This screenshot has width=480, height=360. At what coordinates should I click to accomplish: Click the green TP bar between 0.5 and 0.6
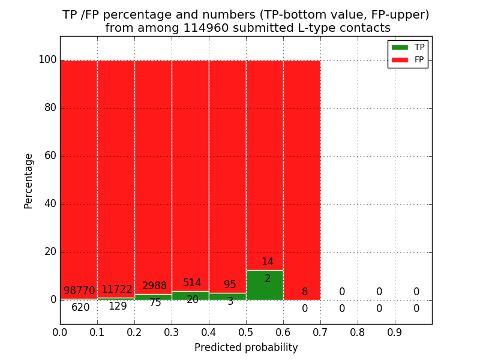coord(265,286)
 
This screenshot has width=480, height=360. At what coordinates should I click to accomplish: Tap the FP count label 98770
coord(80,291)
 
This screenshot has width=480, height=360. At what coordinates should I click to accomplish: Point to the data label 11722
coord(117,289)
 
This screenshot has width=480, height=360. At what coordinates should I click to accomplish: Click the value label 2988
coord(155,286)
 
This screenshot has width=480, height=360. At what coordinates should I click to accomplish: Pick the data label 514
coord(192,283)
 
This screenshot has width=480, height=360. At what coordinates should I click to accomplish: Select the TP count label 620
coord(80,308)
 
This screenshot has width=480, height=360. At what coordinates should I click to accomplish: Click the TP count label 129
coord(118,306)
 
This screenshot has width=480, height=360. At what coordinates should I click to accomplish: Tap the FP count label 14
coord(267,262)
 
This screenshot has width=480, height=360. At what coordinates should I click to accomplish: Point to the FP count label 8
coord(305,292)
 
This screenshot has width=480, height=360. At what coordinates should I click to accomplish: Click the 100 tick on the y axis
coord(47,60)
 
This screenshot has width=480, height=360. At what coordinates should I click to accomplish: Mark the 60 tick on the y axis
coord(50,156)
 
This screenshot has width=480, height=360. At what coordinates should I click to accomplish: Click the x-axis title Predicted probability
coord(246,347)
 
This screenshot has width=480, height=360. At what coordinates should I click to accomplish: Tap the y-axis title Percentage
coord(29,181)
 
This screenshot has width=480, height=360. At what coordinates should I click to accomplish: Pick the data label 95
coord(230,285)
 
